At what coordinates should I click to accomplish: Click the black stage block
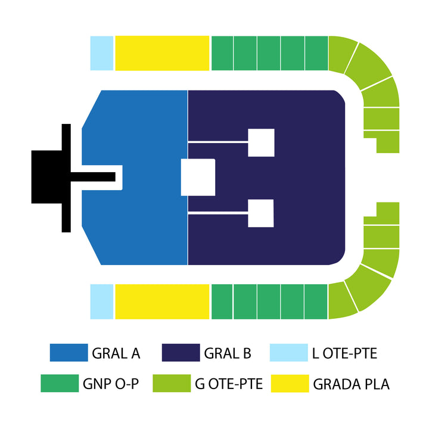point(46,177)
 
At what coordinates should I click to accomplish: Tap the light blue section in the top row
point(102,53)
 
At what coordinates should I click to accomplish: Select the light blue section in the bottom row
point(102,301)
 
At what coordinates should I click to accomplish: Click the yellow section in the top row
point(162,53)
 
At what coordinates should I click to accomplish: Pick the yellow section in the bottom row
point(162,301)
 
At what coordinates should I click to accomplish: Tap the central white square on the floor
point(198,178)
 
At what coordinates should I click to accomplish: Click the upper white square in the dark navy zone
point(262,142)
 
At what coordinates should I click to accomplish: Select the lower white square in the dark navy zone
point(261,213)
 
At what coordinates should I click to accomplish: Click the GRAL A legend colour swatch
point(69,353)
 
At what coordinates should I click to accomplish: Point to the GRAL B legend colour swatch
point(181,353)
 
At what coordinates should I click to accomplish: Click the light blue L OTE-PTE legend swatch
point(289,353)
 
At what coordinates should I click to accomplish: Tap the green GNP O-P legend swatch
point(60,383)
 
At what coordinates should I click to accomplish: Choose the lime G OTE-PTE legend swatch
point(172,383)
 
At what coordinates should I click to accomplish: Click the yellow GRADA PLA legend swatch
point(290,383)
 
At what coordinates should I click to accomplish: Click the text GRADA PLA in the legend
point(352,384)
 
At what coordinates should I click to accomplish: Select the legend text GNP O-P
point(111,384)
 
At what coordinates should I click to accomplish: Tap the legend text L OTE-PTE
point(344,353)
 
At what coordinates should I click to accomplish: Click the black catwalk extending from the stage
point(93,177)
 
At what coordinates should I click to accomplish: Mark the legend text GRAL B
point(228,353)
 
